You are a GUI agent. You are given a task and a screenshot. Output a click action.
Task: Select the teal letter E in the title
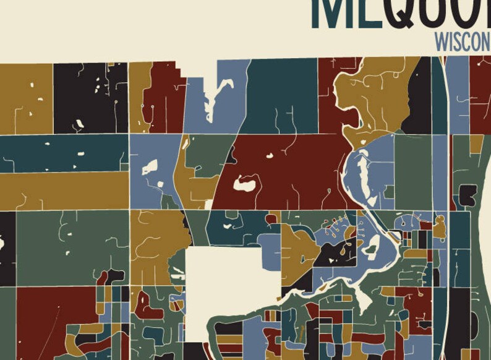point(369,12)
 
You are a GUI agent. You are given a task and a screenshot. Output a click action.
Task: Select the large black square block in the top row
point(90,97)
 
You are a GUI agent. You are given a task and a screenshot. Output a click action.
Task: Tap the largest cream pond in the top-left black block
point(79,124)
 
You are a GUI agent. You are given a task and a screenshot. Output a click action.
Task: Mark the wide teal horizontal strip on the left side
point(62,153)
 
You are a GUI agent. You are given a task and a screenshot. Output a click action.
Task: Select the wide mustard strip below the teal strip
point(62,191)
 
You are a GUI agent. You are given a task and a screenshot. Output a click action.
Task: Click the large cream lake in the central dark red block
point(245,182)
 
